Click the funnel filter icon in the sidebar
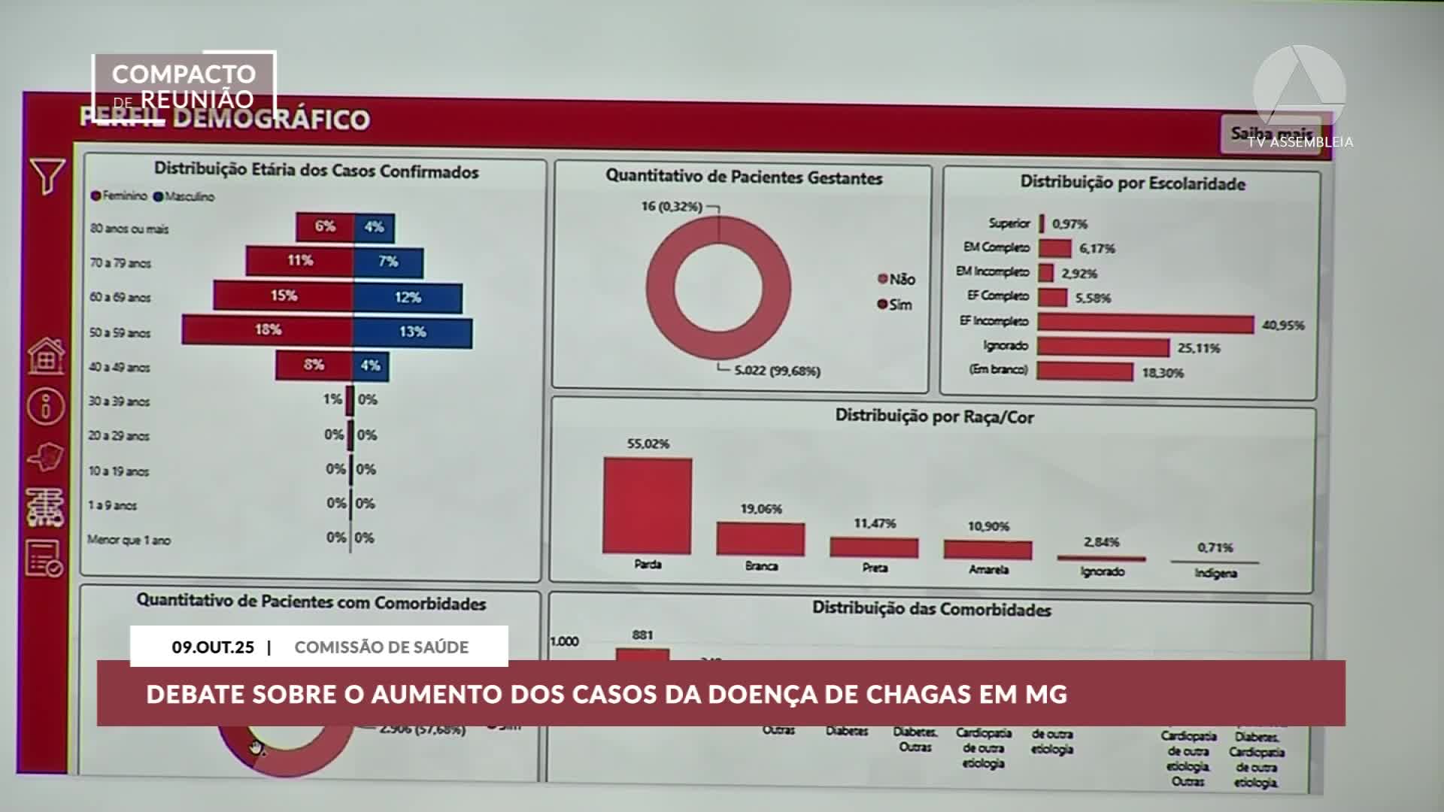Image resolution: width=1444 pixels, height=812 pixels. (47, 176)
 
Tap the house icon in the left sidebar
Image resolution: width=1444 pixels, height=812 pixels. (46, 356)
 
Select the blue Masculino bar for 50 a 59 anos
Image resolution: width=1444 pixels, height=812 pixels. (412, 332)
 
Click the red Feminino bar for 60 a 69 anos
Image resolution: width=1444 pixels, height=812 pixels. (283, 295)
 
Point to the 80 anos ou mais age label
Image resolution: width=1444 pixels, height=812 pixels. (129, 229)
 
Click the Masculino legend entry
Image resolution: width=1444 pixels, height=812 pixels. (184, 197)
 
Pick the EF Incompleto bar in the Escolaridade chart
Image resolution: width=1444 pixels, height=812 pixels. (1145, 323)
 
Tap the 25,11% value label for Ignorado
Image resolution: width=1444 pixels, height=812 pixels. (1199, 348)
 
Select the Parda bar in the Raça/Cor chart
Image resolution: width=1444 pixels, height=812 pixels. (647, 505)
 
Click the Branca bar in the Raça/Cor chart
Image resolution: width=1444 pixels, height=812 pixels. (760, 538)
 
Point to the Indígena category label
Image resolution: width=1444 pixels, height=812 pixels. (1215, 573)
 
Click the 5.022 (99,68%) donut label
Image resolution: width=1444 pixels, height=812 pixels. (777, 371)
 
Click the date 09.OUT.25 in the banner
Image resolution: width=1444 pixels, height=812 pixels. (213, 647)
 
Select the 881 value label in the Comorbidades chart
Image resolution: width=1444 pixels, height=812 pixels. (642, 635)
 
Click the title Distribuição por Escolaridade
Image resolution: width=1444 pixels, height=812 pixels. (1132, 183)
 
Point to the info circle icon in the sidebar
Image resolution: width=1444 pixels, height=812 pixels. (46, 405)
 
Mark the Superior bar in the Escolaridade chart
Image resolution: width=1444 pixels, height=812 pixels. (1042, 223)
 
